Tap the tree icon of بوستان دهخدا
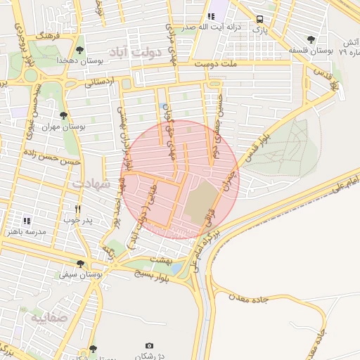pyautogui.click(x=79, y=51)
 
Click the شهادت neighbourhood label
pyautogui.click(x=91, y=184)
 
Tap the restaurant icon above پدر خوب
pyautogui.click(x=78, y=209)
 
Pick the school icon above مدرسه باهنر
pyautogui.click(x=27, y=220)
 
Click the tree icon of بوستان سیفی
pyautogui.click(x=81, y=264)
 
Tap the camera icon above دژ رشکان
pyautogui.click(x=149, y=345)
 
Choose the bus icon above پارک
pyautogui.click(x=260, y=20)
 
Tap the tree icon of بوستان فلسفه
pyautogui.click(x=311, y=39)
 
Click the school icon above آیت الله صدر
pyautogui.click(x=210, y=16)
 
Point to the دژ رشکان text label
pyautogui.click(x=149, y=356)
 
